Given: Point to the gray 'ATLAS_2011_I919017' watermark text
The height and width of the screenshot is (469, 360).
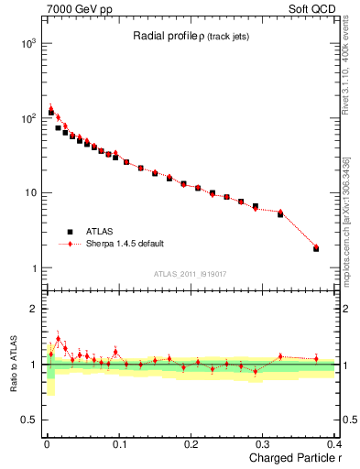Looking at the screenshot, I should pyautogui.click(x=191, y=272).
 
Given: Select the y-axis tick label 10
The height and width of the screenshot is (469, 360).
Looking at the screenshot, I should pyautogui.click(x=31, y=193).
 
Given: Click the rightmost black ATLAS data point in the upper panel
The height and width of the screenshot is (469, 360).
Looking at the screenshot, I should pyautogui.click(x=316, y=248).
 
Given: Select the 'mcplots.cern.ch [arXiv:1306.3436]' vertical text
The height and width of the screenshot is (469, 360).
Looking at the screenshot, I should pyautogui.click(x=346, y=220).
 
